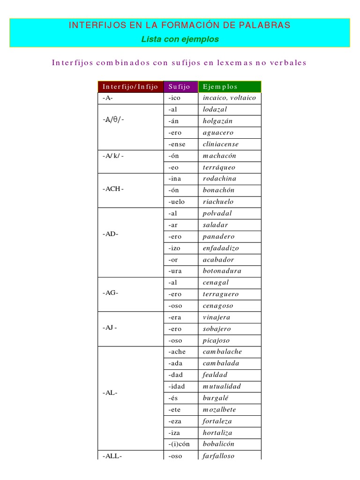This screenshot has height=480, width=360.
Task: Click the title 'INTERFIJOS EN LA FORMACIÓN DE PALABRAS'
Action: coord(180,25)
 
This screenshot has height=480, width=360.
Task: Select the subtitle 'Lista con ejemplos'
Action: coord(180,39)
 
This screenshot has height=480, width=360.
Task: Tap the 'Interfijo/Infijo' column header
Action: coord(130,87)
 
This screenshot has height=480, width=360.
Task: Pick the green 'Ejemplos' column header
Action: coord(220,87)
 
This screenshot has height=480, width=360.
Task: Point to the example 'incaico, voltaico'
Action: coord(229,98)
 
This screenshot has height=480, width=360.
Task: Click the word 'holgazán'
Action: coord(217,121)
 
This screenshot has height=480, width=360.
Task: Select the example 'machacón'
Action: coord(219,156)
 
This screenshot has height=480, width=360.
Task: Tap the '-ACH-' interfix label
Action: coord(113,189)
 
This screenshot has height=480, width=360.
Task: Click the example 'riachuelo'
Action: coord(218,202)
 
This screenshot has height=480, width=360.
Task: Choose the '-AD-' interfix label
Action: coord(110,234)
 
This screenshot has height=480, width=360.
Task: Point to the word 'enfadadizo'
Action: coord(221,248)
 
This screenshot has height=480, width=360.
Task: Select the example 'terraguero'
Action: coord(221,294)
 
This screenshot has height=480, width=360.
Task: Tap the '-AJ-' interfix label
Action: coord(110,328)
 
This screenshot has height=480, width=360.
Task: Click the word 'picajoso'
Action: coord(216,340)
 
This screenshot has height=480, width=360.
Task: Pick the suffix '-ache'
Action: coord(177,352)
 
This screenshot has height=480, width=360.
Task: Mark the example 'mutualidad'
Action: coord(222,386)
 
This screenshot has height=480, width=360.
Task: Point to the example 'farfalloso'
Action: coord(218,456)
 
